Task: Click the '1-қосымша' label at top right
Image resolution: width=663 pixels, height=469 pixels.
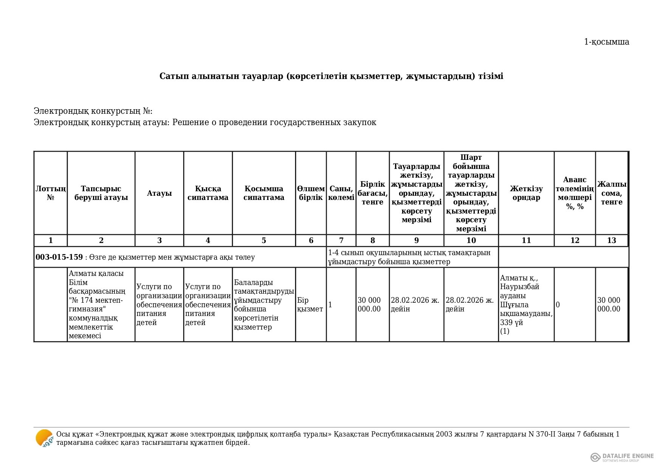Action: point(606,42)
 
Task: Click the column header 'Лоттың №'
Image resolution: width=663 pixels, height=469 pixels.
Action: point(51,193)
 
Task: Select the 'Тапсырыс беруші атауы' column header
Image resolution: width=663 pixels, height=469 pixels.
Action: point(101,193)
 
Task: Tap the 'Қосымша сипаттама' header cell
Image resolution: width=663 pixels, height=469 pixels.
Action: point(263,193)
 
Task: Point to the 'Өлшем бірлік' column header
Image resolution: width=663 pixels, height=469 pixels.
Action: point(311,193)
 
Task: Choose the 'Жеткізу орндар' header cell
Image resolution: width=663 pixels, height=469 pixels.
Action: point(526,193)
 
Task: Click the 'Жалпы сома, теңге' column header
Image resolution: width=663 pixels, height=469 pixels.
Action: point(612,193)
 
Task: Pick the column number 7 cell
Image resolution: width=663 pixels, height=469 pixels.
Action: point(341,240)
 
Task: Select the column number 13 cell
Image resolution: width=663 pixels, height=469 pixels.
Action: point(612,240)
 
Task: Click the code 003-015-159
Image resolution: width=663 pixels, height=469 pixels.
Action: point(59,257)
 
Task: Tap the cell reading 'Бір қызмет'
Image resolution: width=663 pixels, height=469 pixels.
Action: point(310,305)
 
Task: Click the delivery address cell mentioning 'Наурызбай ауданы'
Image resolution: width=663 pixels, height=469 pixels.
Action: point(526,305)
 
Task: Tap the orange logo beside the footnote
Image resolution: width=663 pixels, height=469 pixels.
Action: point(44,438)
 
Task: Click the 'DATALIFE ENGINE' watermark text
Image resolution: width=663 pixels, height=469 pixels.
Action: point(628,456)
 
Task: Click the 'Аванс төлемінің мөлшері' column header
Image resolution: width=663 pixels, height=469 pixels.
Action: point(575,193)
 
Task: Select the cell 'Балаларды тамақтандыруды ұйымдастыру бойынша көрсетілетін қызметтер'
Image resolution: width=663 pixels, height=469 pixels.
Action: point(263,305)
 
